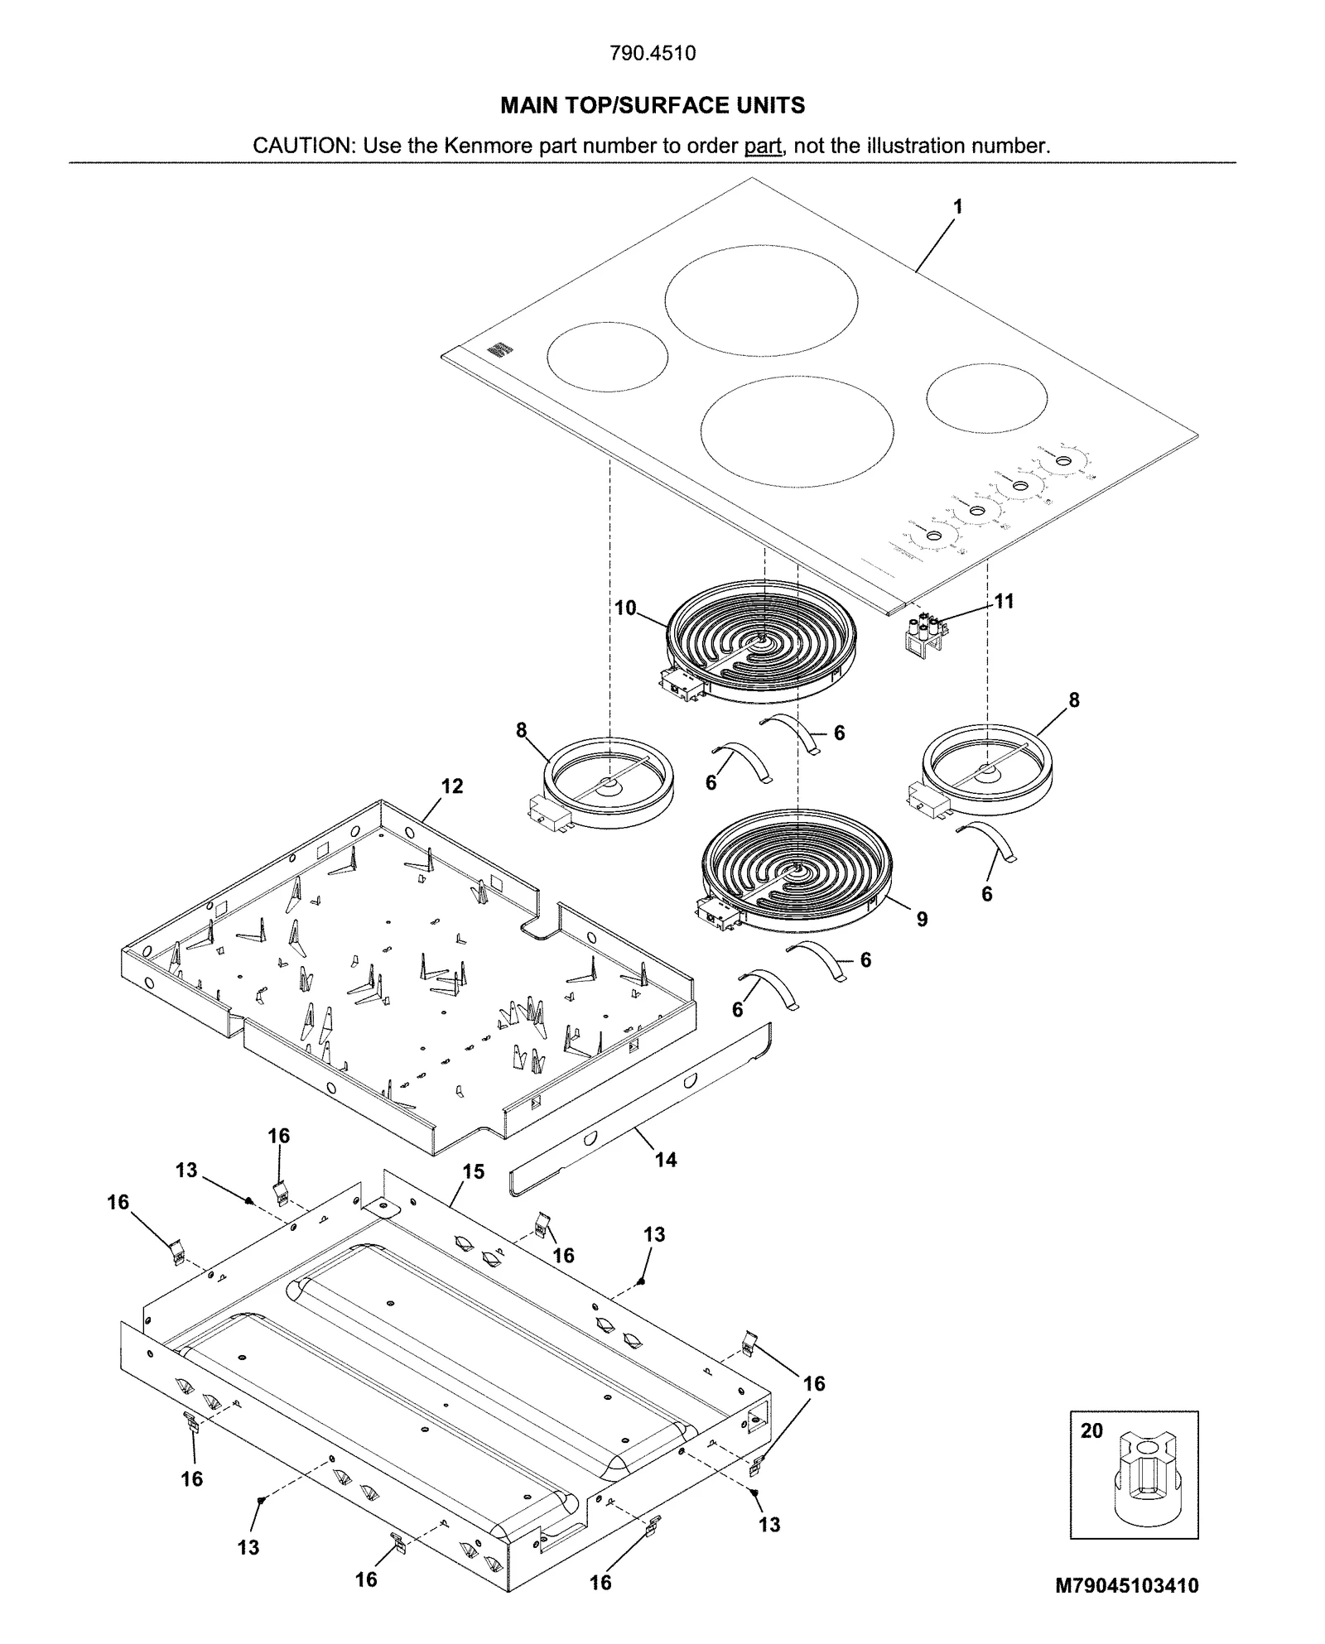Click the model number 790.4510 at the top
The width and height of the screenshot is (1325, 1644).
click(653, 54)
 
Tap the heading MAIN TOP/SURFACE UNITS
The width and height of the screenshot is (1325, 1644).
click(653, 106)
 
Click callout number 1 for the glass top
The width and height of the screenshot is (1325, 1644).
click(958, 207)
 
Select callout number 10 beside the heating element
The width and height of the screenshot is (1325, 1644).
click(625, 608)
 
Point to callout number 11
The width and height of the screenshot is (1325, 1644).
click(1004, 602)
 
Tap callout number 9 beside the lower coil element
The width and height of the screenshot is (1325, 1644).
click(922, 919)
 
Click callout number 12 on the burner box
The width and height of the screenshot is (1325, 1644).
click(452, 786)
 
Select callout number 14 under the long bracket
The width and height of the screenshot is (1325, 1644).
click(666, 1160)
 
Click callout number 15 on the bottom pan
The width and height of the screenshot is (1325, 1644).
click(473, 1171)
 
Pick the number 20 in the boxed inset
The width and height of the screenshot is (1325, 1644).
click(1091, 1431)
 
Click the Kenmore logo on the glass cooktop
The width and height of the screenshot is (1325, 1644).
click(496, 351)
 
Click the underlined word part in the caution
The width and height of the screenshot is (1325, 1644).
click(763, 147)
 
